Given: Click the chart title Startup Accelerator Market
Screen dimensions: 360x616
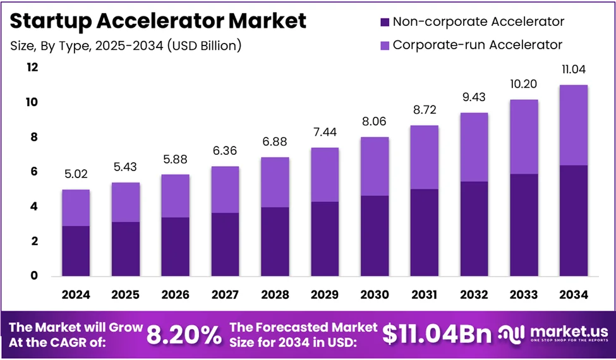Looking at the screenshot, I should click(x=159, y=21).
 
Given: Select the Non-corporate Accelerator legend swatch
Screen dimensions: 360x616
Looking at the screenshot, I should click(x=383, y=22).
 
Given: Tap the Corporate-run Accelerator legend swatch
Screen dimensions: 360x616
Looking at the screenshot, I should click(x=383, y=45).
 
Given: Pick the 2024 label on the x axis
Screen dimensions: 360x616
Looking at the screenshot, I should click(x=76, y=295).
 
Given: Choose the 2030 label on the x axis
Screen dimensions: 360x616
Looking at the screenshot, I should click(x=375, y=295).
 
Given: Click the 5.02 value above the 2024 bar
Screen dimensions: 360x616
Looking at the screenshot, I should click(x=76, y=178).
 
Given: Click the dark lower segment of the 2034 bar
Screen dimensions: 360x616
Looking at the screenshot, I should click(x=574, y=220).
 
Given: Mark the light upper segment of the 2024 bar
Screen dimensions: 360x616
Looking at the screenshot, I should click(x=76, y=208).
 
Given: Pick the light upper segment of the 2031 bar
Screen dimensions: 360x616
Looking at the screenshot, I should click(x=425, y=157).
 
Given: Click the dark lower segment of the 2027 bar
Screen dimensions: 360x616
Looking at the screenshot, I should click(x=226, y=244).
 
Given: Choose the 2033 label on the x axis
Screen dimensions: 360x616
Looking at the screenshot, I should click(x=524, y=295).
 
